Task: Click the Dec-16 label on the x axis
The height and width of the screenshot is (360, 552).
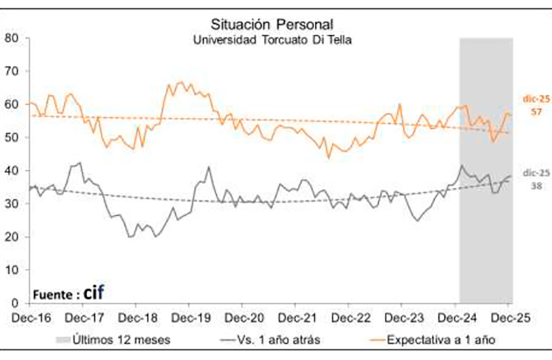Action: click(x=30, y=317)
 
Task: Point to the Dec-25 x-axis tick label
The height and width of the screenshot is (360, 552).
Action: click(x=508, y=317)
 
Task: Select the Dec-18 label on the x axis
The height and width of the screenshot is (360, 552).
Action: click(x=136, y=317)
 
